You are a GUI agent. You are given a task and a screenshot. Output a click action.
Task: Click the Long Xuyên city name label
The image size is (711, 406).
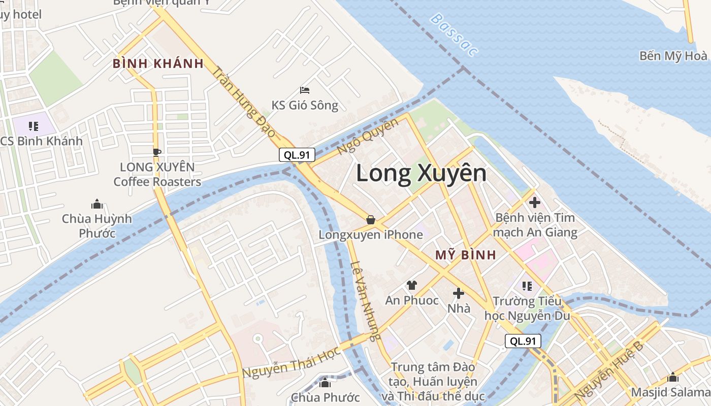point(421,174)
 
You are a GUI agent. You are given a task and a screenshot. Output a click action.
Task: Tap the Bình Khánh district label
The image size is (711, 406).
point(158,64)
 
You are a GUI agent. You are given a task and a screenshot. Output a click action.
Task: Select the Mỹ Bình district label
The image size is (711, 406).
point(465,255)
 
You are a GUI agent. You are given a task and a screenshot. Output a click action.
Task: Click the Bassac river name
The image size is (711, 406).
point(454,35)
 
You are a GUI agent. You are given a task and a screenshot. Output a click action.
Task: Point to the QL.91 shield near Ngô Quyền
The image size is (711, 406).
point(297,155)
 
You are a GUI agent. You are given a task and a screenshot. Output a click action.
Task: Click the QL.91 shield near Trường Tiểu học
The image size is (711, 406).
point(523,341)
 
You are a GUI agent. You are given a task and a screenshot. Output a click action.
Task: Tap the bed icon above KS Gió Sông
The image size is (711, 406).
point(305,90)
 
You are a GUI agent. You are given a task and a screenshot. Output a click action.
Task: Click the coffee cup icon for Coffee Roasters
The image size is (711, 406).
point(157,152)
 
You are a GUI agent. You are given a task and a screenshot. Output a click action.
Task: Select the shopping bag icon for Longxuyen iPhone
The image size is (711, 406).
point(371,220)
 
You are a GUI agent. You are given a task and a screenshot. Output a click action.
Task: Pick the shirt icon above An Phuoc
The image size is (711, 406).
point(411,285)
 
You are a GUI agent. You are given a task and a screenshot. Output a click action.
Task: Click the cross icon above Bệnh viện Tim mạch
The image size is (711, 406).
point(534,202)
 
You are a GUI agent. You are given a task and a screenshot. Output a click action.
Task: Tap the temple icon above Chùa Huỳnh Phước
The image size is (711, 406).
point(96,204)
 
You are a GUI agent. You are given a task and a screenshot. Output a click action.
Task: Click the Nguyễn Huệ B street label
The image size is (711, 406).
point(609,371)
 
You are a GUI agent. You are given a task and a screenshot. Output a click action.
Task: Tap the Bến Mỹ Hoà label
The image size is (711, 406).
point(673,56)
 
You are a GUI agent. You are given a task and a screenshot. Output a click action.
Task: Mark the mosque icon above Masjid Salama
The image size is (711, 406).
point(673,377)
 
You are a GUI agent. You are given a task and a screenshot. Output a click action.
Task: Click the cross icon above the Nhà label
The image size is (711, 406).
point(459,293)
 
